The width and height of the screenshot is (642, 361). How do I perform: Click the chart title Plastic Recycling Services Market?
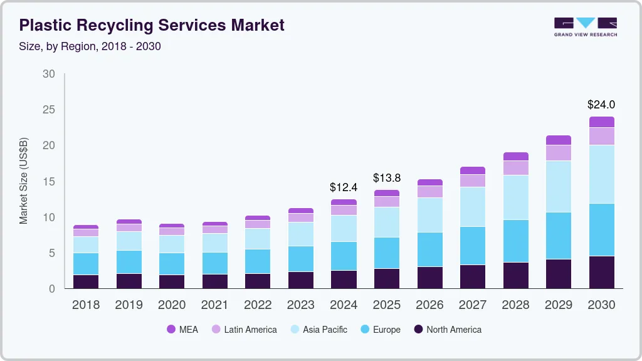pos(152,25)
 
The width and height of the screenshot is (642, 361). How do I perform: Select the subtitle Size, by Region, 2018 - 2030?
pos(90,46)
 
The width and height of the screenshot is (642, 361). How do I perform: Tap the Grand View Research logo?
pos(585,26)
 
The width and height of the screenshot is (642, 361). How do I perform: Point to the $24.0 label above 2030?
pos(601,105)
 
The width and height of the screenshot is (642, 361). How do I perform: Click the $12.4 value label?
pos(344,187)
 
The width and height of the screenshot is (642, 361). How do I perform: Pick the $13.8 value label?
pos(386,178)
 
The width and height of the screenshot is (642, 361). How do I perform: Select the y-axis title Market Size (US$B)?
pos(24,180)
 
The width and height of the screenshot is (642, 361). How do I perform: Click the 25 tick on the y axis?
pos(48,110)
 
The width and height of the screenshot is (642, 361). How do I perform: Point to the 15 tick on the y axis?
pos(48,182)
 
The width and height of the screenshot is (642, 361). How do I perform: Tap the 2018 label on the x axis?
pos(85,305)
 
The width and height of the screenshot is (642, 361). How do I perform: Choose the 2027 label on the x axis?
pos(473,305)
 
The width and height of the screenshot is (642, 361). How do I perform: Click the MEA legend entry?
pos(182,329)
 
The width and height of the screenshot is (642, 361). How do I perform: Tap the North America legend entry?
pos(447,329)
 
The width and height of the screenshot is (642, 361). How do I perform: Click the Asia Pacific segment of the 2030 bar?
pos(601,174)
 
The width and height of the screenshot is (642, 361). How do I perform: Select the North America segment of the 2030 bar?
pos(601,272)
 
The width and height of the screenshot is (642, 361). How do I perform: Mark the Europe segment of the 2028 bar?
pos(515,241)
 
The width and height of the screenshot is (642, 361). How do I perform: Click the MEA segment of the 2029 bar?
pos(559,140)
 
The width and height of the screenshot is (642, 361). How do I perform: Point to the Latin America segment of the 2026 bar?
pos(429,191)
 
